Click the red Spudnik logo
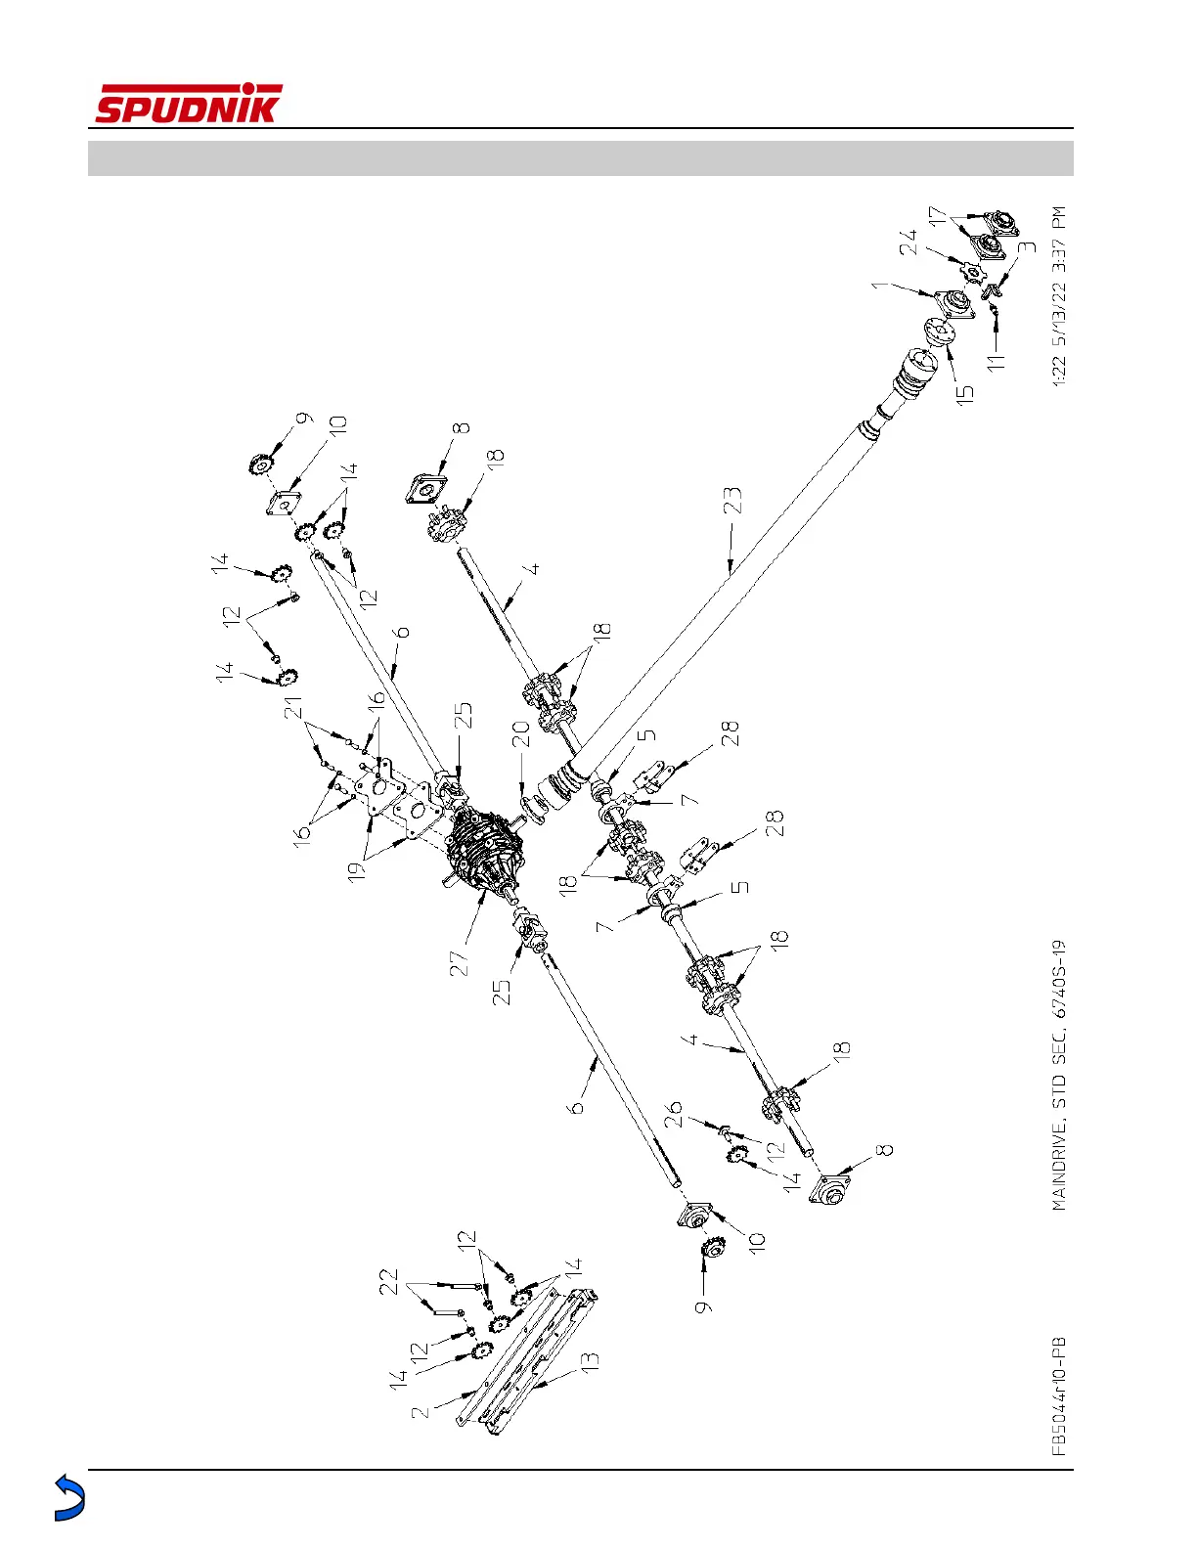pyautogui.click(x=188, y=104)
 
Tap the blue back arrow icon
pyautogui.click(x=68, y=1497)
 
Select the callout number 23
pyautogui.click(x=732, y=501)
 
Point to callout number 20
pyautogui.click(x=520, y=734)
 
